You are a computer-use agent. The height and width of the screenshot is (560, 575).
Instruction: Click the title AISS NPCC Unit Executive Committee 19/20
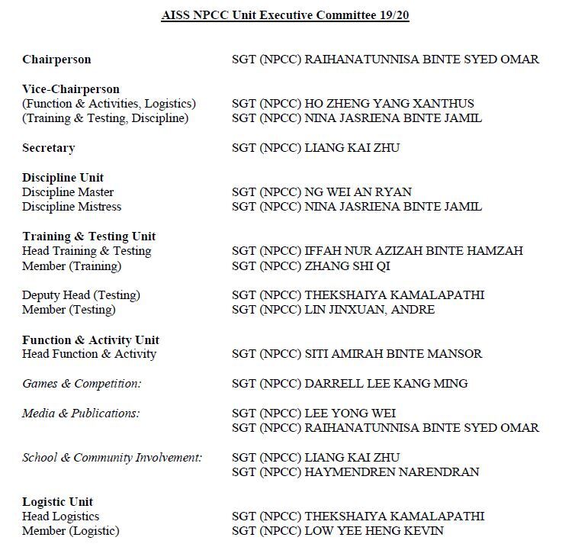[285, 15]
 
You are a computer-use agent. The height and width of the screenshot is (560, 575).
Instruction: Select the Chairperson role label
[56, 60]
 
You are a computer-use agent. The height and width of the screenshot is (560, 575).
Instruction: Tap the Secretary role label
[48, 148]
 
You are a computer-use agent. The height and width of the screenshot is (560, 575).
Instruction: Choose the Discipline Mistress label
[72, 207]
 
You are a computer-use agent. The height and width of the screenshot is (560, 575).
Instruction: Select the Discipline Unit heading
[63, 178]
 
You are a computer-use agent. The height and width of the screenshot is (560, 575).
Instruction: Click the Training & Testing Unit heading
[89, 237]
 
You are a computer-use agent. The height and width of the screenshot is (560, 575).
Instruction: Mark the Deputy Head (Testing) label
[81, 295]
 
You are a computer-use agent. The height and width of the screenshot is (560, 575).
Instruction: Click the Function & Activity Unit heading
[91, 340]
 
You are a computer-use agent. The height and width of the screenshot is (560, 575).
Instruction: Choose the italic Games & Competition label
[82, 384]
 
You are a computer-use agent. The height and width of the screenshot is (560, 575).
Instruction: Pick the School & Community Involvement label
[112, 458]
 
